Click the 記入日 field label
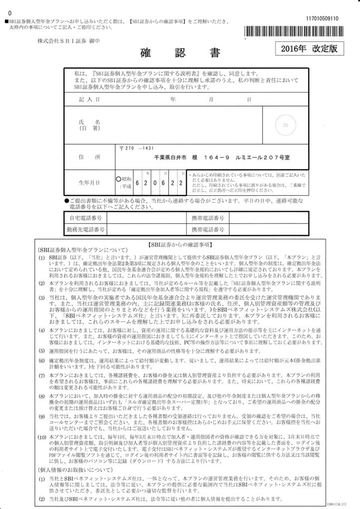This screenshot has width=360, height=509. coord(90,99)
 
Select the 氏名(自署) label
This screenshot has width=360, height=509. coord(90,125)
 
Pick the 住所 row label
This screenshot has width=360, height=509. coord(90,157)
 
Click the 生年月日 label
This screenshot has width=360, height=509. coord(90,183)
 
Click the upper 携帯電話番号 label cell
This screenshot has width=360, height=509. coord(208,218)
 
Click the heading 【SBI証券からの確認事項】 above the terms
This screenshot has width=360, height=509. coord(180,245)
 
